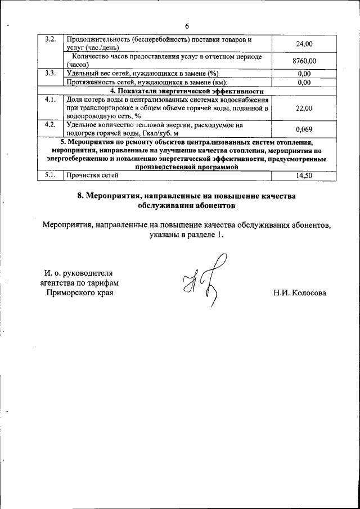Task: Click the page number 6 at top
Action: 187,26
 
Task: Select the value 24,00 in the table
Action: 304,43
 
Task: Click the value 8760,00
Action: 304,60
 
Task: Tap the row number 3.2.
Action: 50,39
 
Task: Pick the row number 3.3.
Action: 50,73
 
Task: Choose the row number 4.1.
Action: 50,100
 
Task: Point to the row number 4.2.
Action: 50,125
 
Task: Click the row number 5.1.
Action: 50,175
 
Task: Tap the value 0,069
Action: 304,129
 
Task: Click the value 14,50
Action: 304,175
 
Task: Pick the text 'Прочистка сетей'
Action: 92,175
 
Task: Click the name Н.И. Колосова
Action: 300,293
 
